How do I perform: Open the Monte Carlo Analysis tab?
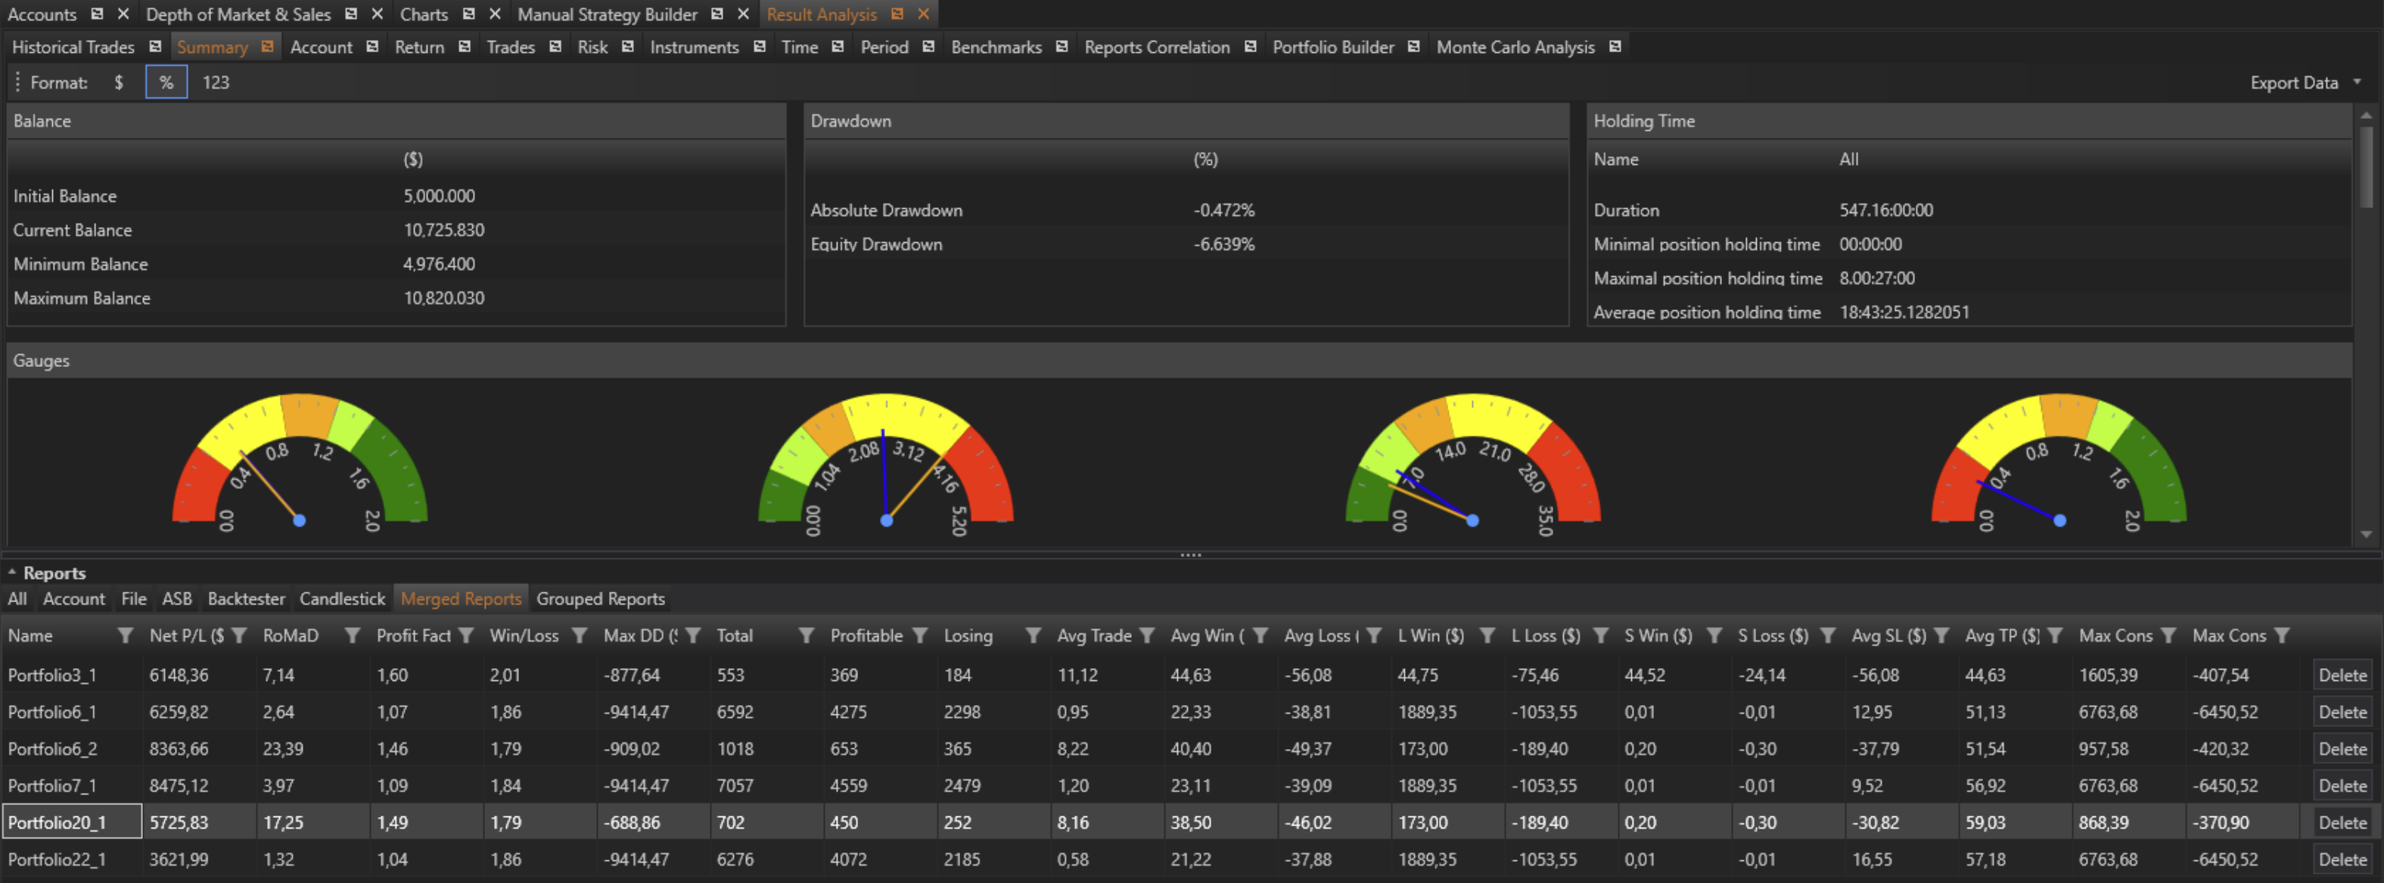1515,47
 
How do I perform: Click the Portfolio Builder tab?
1332,47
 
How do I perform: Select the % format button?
166,82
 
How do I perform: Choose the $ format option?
119,82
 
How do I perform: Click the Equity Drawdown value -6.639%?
1223,244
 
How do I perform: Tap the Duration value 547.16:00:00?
1885,210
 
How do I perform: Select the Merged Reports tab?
461,599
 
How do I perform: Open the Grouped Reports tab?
601,599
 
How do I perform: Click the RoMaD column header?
291,636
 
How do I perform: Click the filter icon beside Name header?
126,636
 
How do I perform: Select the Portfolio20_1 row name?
58,822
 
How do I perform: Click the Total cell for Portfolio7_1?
735,786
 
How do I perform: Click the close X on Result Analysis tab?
924,14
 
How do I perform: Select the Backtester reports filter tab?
246,599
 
